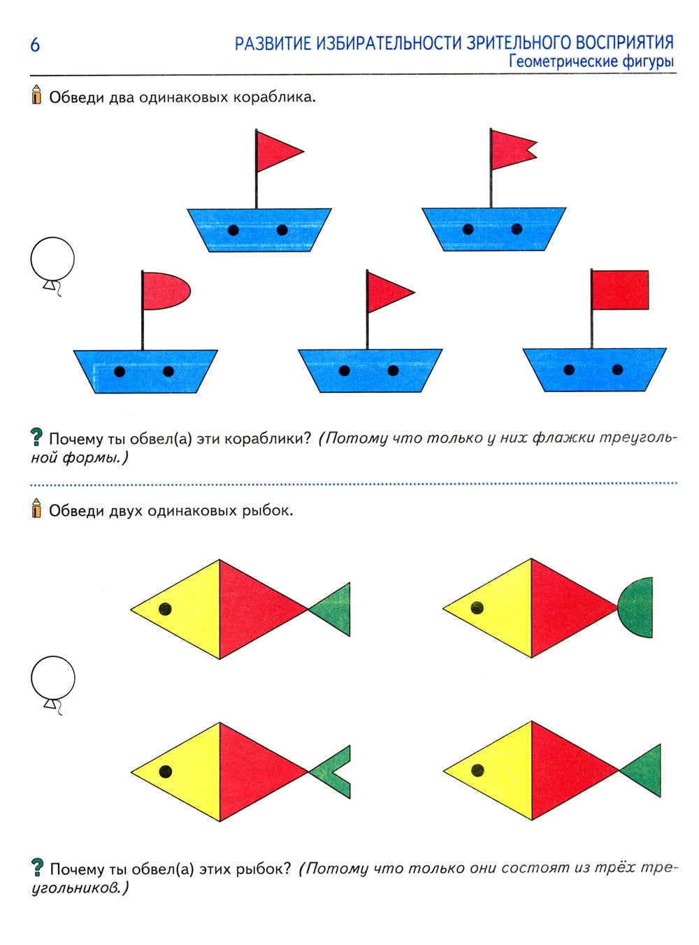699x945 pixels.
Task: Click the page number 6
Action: [x=35, y=45]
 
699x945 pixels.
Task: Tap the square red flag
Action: [x=620, y=289]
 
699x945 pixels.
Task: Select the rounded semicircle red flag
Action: [x=166, y=291]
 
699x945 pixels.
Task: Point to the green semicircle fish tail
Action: [x=635, y=608]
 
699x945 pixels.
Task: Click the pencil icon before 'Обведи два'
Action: [x=36, y=94]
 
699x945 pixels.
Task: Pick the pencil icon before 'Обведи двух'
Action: [x=36, y=508]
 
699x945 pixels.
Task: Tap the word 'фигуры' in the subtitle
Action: [x=648, y=62]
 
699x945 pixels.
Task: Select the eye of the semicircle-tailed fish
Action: [x=477, y=607]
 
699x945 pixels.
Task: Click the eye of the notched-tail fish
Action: [x=166, y=771]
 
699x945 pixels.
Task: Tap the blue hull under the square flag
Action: [x=595, y=370]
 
